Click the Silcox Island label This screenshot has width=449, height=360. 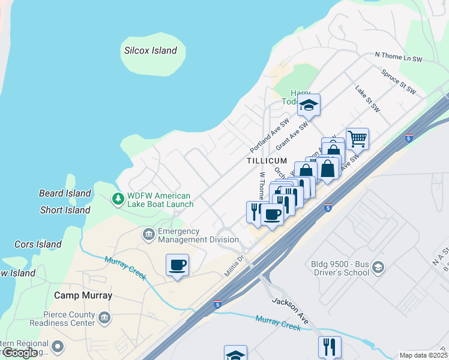coord(151,51)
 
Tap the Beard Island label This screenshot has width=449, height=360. coord(65,193)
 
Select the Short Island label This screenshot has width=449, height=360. coord(65,210)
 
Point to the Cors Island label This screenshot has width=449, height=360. coord(38,244)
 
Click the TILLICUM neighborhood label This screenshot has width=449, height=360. coord(267,161)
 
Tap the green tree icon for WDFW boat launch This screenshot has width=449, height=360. coord(118,198)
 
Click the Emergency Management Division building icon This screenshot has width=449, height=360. coord(148,233)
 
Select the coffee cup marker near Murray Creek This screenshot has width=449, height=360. coord(177,265)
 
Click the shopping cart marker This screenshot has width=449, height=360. coord(357,139)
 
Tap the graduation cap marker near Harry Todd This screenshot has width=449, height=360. coord(309,105)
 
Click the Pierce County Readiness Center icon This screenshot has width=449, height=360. coord(104,316)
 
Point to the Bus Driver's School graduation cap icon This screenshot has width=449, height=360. coord(378,267)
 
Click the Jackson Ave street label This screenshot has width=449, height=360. coord(291,311)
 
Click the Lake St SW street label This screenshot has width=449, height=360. coord(367,99)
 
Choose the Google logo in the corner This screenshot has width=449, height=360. coord(19,353)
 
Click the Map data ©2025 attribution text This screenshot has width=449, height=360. coord(424,355)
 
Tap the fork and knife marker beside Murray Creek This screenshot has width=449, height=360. coord(330,347)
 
